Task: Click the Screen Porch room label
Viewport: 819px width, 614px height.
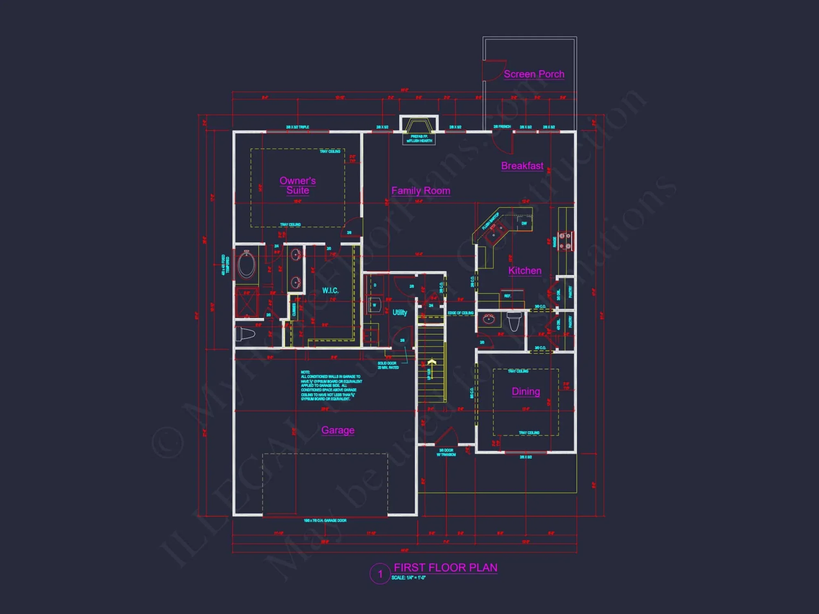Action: click(x=534, y=74)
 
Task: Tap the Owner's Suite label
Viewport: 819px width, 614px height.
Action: click(x=298, y=185)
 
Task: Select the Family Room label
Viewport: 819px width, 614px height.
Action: click(x=421, y=191)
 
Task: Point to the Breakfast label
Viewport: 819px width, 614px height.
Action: click(x=522, y=166)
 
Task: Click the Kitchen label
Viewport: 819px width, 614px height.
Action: click(x=525, y=271)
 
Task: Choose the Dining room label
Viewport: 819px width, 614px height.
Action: click(x=526, y=391)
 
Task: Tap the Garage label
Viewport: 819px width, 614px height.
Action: click(x=338, y=430)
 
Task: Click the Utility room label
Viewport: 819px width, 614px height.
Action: click(x=400, y=312)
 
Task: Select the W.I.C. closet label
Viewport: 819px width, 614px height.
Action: click(x=330, y=291)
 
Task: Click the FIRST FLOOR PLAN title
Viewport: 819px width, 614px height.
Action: click(x=446, y=568)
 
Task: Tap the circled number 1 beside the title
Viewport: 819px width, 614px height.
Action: click(x=380, y=574)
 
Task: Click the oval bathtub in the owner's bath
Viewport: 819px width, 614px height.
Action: click(x=247, y=264)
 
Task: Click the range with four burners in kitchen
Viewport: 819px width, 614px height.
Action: click(x=565, y=241)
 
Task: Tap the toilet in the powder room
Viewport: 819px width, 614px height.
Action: click(x=514, y=321)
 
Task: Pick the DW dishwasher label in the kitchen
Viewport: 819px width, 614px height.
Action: click(x=524, y=223)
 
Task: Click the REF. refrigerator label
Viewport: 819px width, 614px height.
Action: click(x=507, y=296)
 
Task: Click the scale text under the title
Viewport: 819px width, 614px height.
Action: click(x=408, y=578)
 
